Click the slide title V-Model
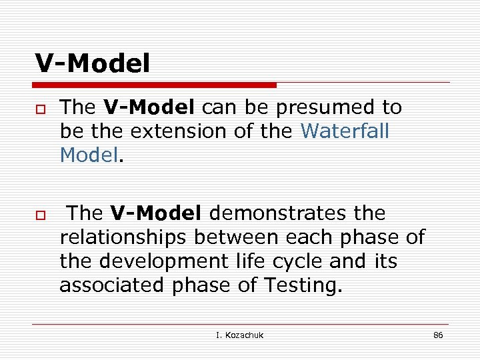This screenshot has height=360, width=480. click(93, 64)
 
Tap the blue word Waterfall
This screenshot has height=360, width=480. click(344, 131)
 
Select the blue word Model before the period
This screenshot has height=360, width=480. click(89, 155)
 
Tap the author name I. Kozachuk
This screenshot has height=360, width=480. click(239, 335)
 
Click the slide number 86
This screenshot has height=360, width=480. click(438, 335)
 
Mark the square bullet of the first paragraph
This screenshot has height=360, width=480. click(41, 109)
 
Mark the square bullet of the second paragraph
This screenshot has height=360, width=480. click(41, 215)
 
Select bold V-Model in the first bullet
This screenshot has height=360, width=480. click(149, 107)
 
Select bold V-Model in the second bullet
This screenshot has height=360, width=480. click(156, 213)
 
